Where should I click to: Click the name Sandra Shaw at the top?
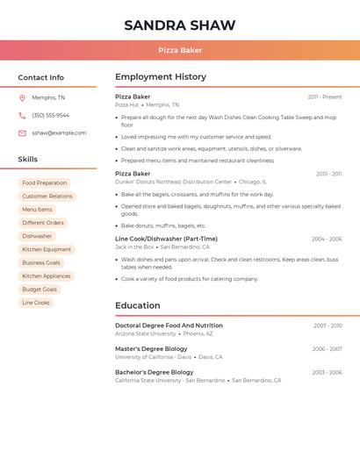tap(180, 25)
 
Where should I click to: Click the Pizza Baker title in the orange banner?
tap(180, 50)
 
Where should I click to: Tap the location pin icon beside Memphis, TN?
tap(22, 98)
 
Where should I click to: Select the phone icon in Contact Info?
tap(22, 116)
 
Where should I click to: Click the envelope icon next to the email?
tap(22, 133)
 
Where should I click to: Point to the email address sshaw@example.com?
tap(59, 133)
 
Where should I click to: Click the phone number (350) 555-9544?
tap(50, 116)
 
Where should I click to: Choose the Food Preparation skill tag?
tap(44, 183)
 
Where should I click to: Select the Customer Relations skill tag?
tap(47, 197)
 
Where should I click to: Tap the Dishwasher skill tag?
tap(37, 236)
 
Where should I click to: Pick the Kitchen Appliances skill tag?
tap(46, 276)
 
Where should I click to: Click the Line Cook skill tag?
tap(36, 303)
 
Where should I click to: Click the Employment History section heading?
tap(161, 77)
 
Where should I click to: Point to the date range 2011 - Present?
tap(325, 97)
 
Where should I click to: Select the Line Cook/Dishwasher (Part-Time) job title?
tap(166, 239)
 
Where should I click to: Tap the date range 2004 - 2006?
tap(327, 239)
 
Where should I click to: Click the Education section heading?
tap(138, 305)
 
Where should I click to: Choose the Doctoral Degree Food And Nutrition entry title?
tap(169, 325)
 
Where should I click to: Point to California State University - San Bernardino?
tap(169, 381)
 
